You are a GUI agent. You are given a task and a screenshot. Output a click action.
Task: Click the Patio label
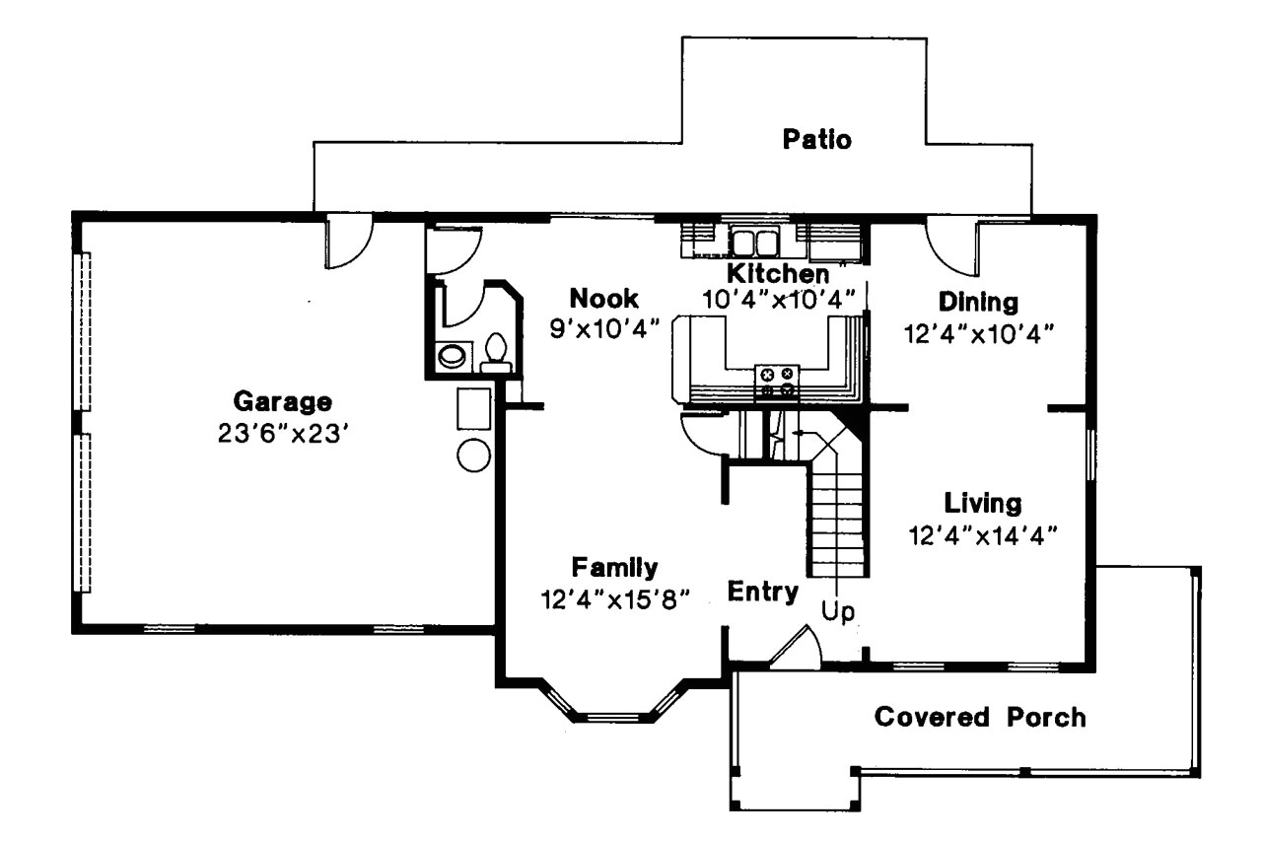point(816,140)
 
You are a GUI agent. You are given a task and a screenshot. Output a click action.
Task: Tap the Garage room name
point(282,402)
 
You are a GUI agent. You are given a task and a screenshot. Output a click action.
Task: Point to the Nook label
point(603,299)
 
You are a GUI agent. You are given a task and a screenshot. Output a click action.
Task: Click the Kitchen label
point(777,273)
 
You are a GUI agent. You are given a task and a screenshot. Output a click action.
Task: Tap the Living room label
point(982,503)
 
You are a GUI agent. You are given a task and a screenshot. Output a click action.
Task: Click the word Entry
point(762,592)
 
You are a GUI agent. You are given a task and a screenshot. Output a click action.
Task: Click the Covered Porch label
point(979,717)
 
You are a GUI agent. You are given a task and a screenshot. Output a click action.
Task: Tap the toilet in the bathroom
point(496,351)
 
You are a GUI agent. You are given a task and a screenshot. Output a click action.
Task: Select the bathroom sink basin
point(453,356)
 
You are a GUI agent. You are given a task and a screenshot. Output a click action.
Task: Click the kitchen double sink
point(755,242)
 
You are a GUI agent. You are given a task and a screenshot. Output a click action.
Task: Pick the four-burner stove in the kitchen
point(776,382)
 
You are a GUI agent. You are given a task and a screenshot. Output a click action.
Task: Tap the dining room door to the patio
point(951,245)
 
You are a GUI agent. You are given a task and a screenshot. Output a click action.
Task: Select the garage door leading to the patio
point(348,243)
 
